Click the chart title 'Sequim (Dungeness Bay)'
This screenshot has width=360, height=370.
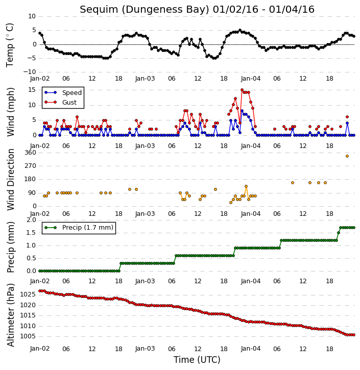145,10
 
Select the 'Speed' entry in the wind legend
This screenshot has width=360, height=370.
72,93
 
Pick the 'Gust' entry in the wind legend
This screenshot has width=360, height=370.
69,103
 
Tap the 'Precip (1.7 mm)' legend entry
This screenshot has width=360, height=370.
88,228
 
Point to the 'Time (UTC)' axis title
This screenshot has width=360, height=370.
197,360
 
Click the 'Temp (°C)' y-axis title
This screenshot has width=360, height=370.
10,45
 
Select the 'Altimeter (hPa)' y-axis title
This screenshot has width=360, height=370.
11,315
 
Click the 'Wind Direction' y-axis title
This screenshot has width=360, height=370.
11,179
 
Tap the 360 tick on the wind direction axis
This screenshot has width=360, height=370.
31,153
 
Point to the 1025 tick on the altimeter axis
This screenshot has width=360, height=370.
28,294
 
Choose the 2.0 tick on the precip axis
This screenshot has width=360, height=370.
31,220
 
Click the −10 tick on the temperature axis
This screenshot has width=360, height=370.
30,72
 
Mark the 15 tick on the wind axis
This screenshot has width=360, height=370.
32,90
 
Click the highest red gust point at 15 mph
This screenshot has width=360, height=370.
242,90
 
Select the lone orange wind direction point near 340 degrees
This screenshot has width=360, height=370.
347,156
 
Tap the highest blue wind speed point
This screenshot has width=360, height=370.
242,111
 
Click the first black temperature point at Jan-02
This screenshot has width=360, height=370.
40,33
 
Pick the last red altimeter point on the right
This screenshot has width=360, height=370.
354,335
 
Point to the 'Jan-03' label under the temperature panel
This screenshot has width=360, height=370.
145,79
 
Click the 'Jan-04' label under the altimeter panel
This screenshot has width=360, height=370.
251,349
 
